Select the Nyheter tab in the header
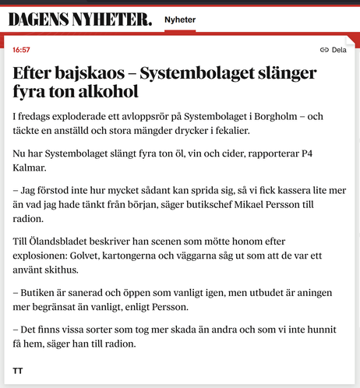(180, 20)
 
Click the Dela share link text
(339, 50)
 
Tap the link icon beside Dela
(324, 50)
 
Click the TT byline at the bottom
(18, 370)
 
